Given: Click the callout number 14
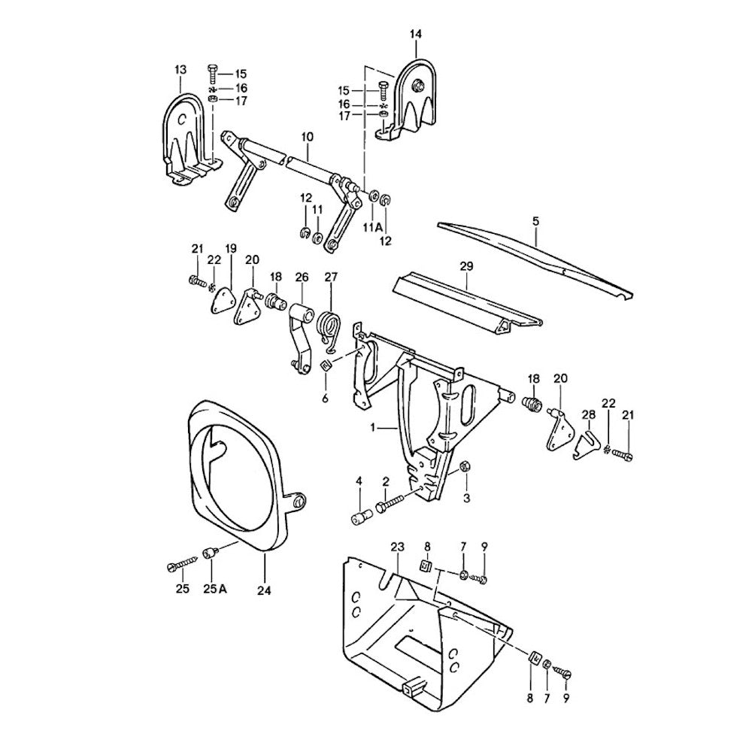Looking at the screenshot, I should pyautogui.click(x=416, y=35).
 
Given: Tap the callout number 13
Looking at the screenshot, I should pyautogui.click(x=180, y=70).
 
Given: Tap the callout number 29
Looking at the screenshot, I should pyautogui.click(x=466, y=265).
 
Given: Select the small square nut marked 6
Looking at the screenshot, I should pyautogui.click(x=326, y=365).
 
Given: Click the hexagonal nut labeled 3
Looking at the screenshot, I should pyautogui.click(x=464, y=467).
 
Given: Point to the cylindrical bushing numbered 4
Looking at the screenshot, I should pyautogui.click(x=359, y=517).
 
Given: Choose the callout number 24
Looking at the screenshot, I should pyautogui.click(x=263, y=590).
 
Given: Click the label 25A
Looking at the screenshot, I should pyautogui.click(x=215, y=589).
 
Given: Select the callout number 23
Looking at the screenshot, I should pyautogui.click(x=398, y=547).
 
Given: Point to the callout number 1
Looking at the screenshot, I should pyautogui.click(x=371, y=426).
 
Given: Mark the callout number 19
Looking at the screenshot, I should pyautogui.click(x=231, y=249).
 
